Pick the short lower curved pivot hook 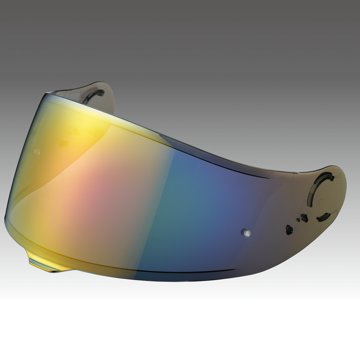point(323,216)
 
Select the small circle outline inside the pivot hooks point(320,201)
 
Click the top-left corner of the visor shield point(45,94)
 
